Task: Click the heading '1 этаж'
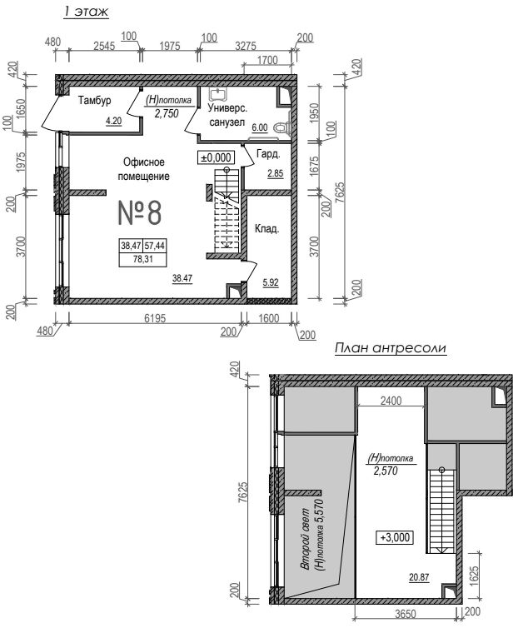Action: pyautogui.click(x=86, y=11)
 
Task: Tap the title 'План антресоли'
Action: pyautogui.click(x=391, y=348)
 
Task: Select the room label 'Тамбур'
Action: pyautogui.click(x=95, y=100)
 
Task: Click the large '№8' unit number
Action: pyautogui.click(x=140, y=212)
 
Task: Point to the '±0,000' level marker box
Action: pyautogui.click(x=216, y=157)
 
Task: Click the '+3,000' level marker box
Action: pyautogui.click(x=395, y=536)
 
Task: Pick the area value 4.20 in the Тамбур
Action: pyautogui.click(x=114, y=121)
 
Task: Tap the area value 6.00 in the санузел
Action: pyautogui.click(x=260, y=127)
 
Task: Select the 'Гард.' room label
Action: pyautogui.click(x=268, y=154)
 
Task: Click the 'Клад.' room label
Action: pyautogui.click(x=266, y=229)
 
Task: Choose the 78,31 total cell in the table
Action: pyautogui.click(x=143, y=259)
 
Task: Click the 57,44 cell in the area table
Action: pyautogui.click(x=155, y=246)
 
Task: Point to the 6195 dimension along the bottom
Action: pyautogui.click(x=155, y=318)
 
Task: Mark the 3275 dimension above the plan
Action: pyautogui.click(x=245, y=46)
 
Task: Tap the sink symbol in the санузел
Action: pyautogui.click(x=217, y=94)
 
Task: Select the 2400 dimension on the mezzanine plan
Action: pyautogui.click(x=391, y=401)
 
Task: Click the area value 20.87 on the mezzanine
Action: pyautogui.click(x=419, y=577)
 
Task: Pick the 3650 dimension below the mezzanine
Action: pyautogui.click(x=406, y=614)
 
